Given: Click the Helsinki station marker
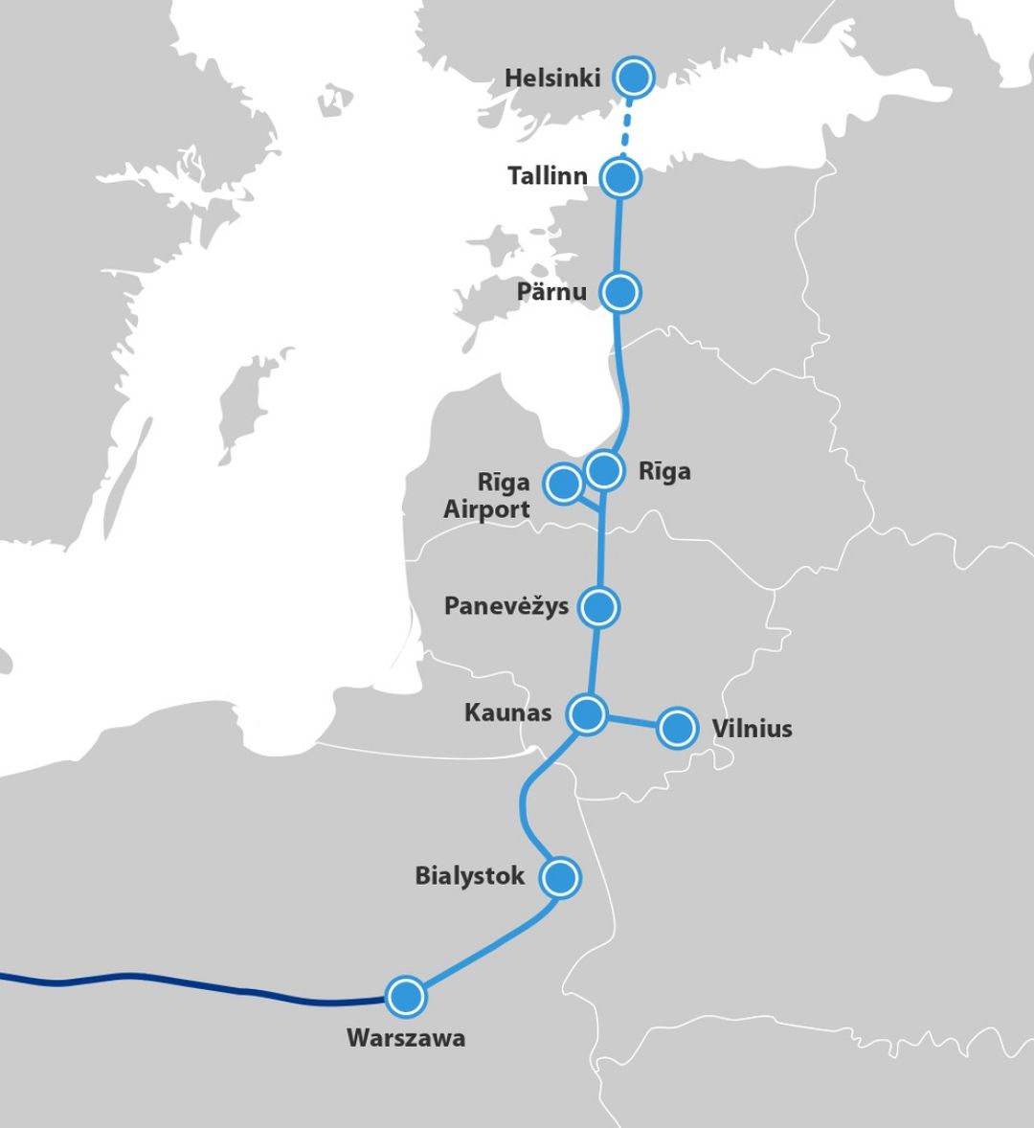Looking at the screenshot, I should coord(633,77).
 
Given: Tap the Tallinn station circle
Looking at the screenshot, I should coord(620,177).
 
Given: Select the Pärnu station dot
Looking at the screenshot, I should coord(620,291).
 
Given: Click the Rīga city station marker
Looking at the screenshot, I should coord(604,469).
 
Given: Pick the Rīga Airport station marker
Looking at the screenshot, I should coord(563,484).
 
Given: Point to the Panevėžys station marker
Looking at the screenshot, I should coord(599,606).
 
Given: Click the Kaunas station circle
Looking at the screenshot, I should coord(587,713).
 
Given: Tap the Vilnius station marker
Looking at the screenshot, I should coord(678,728).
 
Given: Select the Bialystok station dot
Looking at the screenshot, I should coord(560,876).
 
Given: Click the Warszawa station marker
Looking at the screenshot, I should coord(405,997).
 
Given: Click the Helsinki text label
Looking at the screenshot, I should coord(552,78).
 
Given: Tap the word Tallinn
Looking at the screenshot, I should coord(547,176).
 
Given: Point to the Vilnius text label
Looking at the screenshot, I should coord(752,729).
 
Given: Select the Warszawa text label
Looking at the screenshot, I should coord(406,1038).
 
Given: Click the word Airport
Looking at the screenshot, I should coord(486,509).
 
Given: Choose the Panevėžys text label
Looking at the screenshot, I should coord(506,606).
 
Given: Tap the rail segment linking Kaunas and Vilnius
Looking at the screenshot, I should coord(632,721).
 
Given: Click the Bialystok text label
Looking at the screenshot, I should coord(469,876).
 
